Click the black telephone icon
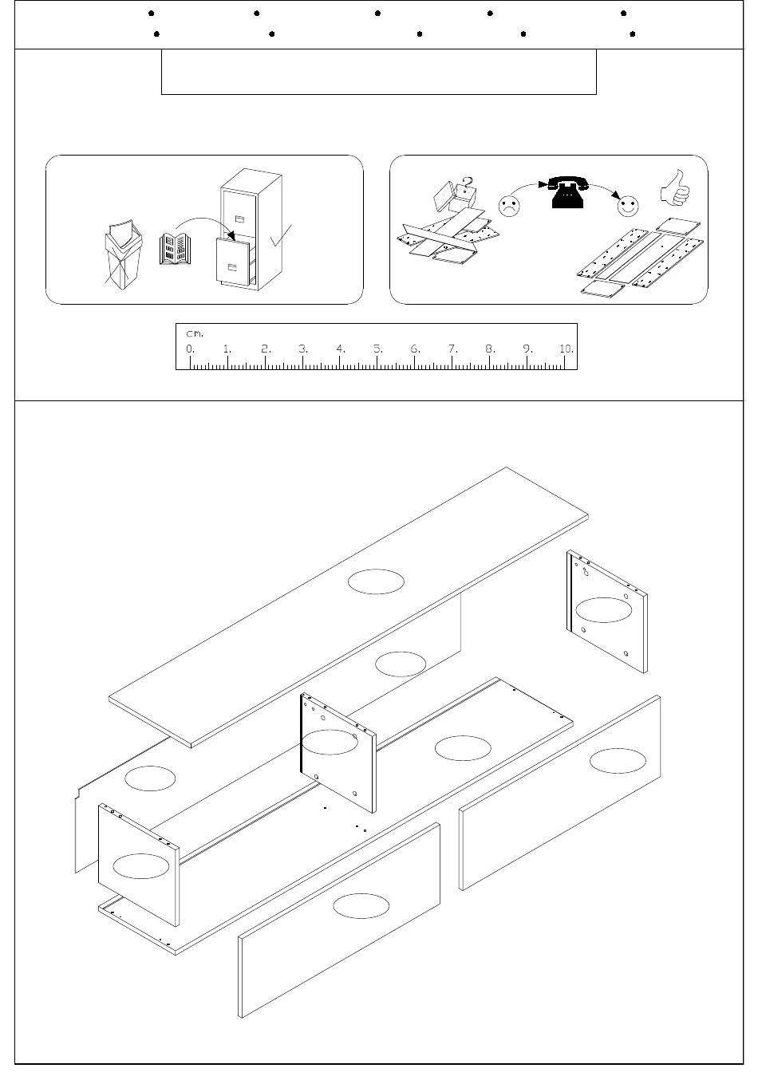(568, 192)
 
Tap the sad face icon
(508, 206)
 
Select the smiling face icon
(628, 206)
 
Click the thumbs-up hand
(675, 187)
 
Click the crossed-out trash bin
(124, 254)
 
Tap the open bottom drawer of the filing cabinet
(234, 262)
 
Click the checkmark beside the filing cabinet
(281, 235)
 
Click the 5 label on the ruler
(378, 349)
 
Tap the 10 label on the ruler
(567, 349)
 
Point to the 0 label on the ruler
(191, 349)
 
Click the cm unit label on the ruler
(195, 333)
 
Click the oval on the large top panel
(376, 581)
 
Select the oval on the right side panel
(603, 610)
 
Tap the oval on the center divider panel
(330, 742)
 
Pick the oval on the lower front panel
(361, 906)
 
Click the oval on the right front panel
(618, 760)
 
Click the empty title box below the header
(379, 72)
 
